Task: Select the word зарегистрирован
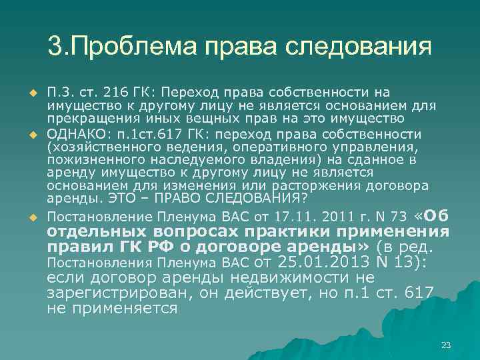(117, 294)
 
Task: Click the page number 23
(446, 345)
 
